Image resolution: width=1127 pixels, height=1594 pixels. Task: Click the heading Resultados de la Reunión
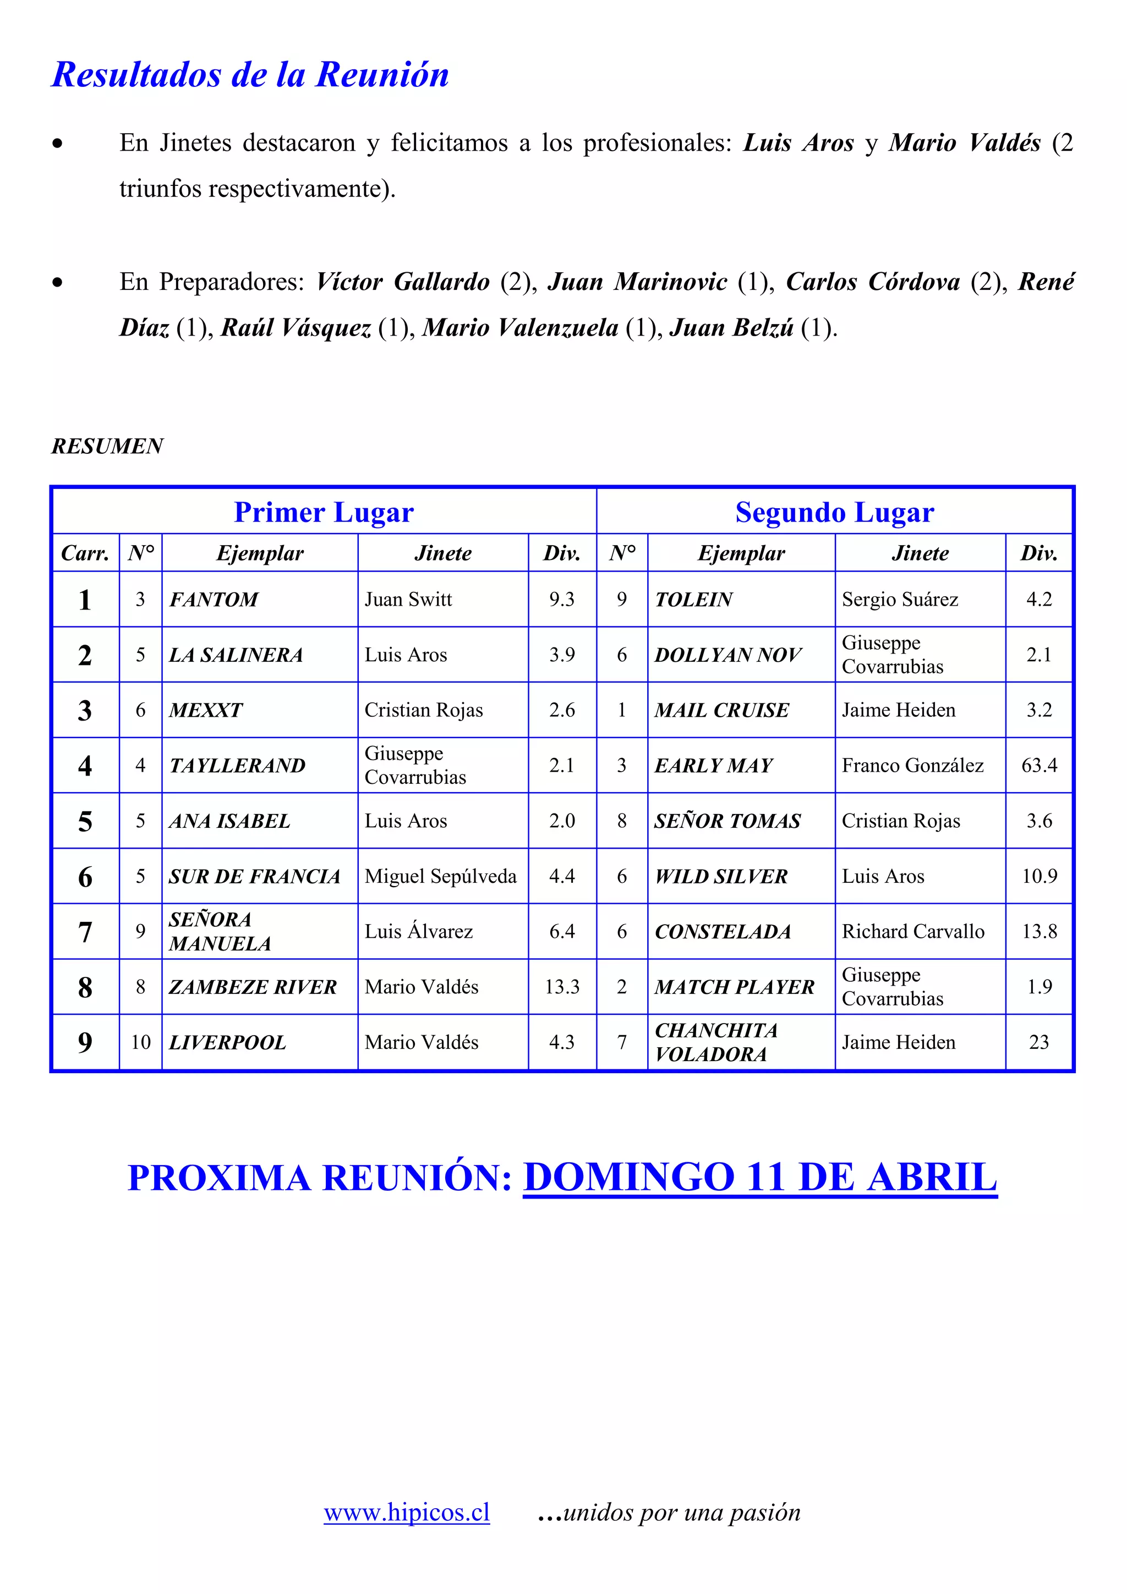(x=250, y=75)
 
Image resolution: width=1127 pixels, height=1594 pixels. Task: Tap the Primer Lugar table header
(x=324, y=513)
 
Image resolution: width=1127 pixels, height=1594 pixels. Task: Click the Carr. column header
(x=85, y=553)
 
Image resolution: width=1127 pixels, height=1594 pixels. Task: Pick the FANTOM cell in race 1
(x=213, y=599)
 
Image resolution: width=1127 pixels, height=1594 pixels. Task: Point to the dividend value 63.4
(x=1039, y=765)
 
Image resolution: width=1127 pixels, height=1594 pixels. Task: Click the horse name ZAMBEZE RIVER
(x=252, y=987)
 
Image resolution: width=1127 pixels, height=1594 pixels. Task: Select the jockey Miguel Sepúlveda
(x=440, y=876)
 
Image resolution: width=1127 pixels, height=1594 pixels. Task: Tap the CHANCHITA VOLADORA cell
(x=715, y=1042)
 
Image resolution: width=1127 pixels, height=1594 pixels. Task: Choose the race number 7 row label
(x=85, y=932)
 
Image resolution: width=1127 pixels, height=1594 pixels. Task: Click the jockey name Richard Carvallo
(x=912, y=932)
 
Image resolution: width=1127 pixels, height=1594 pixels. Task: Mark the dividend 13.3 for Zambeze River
(x=562, y=987)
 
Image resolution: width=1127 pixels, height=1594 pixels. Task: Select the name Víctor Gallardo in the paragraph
(x=403, y=282)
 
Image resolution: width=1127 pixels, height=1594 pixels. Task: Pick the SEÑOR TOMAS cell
(x=727, y=821)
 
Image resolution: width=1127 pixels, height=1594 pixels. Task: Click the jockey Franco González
(x=912, y=765)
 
